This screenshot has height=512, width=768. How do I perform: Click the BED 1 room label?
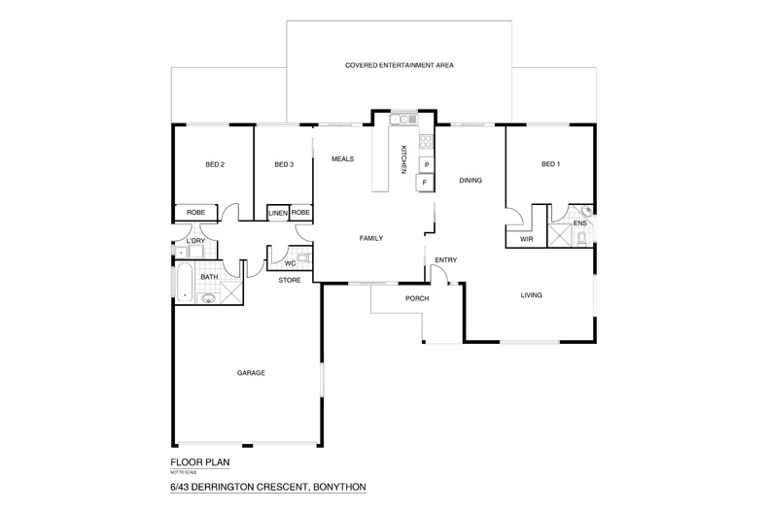(x=550, y=164)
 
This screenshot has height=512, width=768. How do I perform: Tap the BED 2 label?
(x=215, y=164)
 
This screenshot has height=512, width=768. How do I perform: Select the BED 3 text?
(x=283, y=164)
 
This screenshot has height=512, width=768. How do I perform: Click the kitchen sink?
(x=401, y=120)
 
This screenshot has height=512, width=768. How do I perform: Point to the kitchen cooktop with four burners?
(x=426, y=144)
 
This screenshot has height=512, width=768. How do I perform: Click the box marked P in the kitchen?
(x=426, y=165)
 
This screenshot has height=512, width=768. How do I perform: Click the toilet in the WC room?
(x=302, y=258)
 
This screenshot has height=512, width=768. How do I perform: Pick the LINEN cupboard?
(x=278, y=212)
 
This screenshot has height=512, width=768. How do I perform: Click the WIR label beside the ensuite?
(x=526, y=237)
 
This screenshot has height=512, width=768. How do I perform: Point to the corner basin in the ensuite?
(x=586, y=211)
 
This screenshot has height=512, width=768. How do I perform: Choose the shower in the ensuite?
(x=561, y=234)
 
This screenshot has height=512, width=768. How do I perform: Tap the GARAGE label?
(x=251, y=373)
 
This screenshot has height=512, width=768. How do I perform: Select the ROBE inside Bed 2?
(x=195, y=212)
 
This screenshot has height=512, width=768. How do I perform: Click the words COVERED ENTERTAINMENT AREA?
(x=400, y=65)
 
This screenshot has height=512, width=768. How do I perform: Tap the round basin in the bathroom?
(x=207, y=298)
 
